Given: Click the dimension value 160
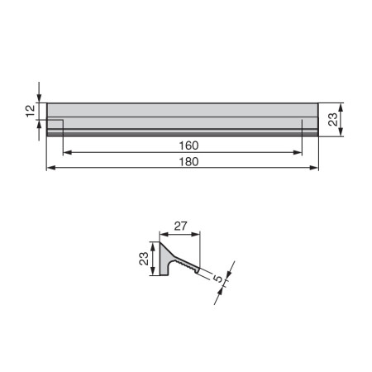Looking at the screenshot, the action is tap(188, 145).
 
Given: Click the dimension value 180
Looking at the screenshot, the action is tap(188, 162).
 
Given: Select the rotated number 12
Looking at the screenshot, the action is tap(31, 111).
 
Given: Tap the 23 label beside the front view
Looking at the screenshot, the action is tap(333, 120).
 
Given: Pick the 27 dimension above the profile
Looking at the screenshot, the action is tap(180, 226).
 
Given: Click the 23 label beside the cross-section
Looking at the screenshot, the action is tap(144, 259).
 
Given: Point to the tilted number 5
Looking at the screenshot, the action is tap(218, 279).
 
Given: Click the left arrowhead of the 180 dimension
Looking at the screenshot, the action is tap(51, 168).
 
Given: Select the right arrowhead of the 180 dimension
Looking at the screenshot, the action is tap(314, 168).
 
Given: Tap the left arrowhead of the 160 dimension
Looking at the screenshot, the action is tap(68, 152).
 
